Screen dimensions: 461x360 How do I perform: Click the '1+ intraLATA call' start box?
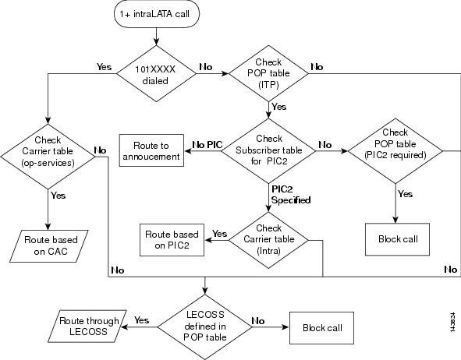click(x=157, y=14)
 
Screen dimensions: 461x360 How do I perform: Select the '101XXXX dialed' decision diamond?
click(x=156, y=73)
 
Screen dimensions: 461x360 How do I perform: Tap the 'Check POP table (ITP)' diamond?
click(x=268, y=73)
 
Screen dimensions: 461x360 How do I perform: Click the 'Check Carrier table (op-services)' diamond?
click(x=48, y=156)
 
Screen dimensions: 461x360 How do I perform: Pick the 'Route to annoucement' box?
click(x=151, y=150)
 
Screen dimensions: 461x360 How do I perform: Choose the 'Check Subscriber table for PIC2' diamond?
click(x=268, y=150)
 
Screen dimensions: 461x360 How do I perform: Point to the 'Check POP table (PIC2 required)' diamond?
click(x=395, y=151)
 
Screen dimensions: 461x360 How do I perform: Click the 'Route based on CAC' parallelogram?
click(x=49, y=246)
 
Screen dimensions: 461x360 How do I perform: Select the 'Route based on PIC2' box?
click(x=172, y=240)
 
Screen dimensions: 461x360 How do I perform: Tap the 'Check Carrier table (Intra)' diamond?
click(x=268, y=240)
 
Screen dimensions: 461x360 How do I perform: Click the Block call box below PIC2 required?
click(x=398, y=239)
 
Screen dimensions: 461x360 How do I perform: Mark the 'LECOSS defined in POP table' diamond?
click(x=205, y=326)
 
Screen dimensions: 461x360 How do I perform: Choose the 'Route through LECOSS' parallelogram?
click(x=87, y=326)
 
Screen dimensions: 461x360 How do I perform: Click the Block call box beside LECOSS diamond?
click(x=321, y=328)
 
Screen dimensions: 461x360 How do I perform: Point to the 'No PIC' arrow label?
click(x=207, y=145)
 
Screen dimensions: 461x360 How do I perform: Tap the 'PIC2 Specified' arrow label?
click(x=291, y=195)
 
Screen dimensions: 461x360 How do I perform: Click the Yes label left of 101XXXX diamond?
click(x=104, y=67)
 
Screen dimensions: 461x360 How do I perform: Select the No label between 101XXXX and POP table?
click(x=205, y=67)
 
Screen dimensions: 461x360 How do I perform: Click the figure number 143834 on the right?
click(x=453, y=322)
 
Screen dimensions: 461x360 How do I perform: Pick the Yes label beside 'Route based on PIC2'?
click(x=220, y=234)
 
